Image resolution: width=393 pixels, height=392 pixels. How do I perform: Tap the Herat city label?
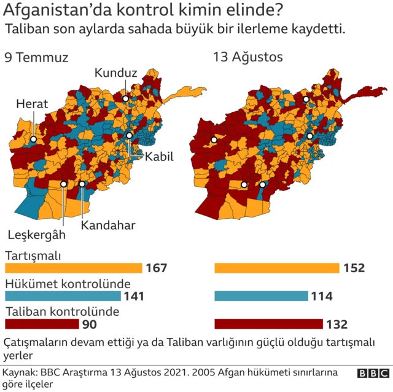point(33,104)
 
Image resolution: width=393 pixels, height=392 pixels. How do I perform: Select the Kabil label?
point(159,157)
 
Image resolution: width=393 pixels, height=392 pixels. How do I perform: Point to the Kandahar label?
point(108,225)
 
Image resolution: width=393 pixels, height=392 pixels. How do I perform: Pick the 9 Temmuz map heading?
point(36,58)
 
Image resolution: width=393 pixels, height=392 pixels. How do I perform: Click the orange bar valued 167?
point(74,268)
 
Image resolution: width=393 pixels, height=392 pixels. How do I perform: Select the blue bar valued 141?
point(63,296)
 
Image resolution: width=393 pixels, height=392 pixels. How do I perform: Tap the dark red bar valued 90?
point(41,324)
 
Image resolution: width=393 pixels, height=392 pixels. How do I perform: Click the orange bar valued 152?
point(276,268)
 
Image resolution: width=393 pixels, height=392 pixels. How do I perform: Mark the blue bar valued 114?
point(261,296)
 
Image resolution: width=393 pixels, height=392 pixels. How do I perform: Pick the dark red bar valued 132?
point(268,324)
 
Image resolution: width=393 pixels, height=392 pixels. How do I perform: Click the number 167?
point(157,268)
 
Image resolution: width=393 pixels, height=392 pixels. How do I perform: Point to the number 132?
point(337,324)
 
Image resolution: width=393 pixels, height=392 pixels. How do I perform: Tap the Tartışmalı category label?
point(33,255)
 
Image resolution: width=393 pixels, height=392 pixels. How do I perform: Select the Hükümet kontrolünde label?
point(68,284)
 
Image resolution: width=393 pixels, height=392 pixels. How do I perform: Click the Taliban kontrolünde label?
point(61,312)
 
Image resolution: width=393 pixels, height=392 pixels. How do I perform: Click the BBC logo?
point(373,374)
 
